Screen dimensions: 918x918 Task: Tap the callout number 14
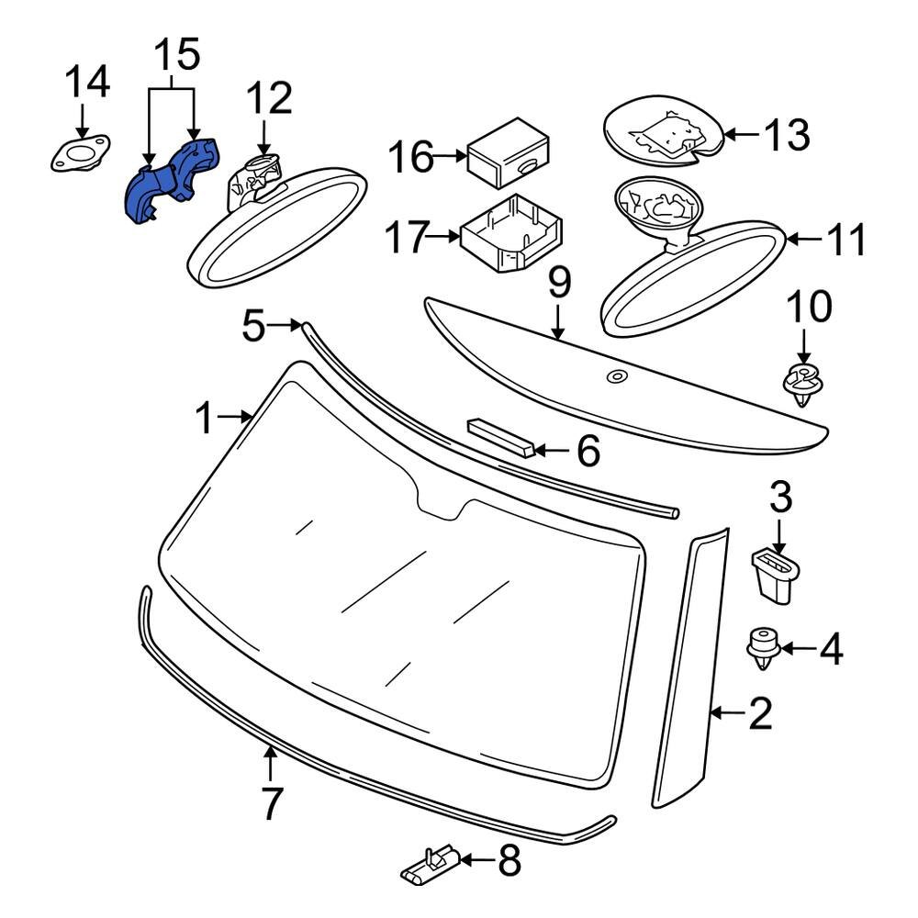pos(87,82)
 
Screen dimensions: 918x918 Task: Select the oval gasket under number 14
pos(79,153)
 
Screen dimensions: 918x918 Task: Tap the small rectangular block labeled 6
pos(501,438)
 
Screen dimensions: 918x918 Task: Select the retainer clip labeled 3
pos(773,575)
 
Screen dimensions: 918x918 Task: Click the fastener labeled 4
pos(759,648)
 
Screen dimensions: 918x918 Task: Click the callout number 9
pos(559,284)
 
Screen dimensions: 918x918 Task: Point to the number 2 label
pos(760,713)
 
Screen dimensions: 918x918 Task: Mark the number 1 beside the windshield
pos(207,420)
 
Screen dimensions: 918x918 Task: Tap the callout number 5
pos(254,325)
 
